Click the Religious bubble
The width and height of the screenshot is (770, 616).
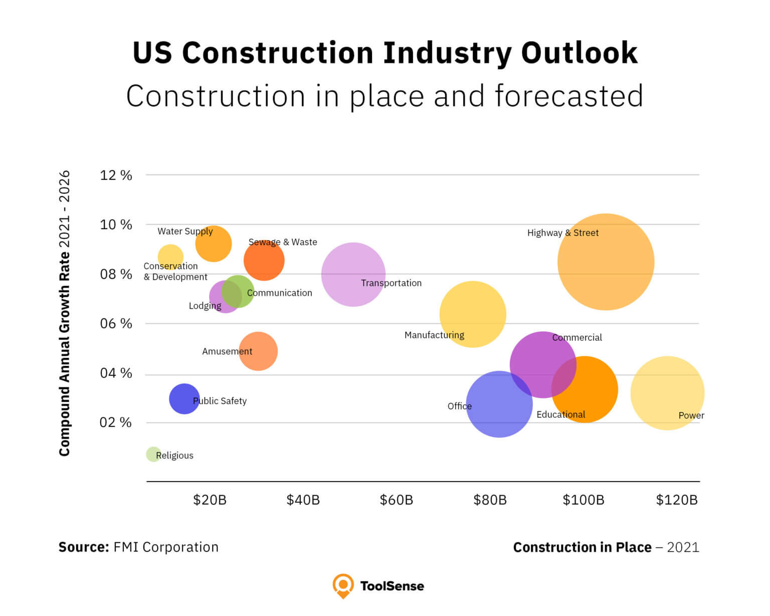(153, 454)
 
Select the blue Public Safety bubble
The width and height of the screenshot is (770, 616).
(184, 399)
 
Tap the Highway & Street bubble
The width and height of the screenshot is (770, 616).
(606, 262)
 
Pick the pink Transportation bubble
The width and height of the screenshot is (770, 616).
(353, 274)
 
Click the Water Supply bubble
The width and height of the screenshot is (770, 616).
(214, 244)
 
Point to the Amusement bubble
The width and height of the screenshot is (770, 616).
(258, 351)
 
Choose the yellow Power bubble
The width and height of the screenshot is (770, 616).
(667, 393)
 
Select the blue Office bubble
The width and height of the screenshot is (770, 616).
(499, 404)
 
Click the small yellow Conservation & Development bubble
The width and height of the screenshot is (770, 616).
(170, 257)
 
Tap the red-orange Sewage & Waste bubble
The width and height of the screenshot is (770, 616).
(264, 261)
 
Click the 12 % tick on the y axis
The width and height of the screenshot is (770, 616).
(116, 175)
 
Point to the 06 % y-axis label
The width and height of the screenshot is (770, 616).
(116, 324)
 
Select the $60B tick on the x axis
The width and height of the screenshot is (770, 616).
(396, 500)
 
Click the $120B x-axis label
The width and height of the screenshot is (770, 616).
(677, 500)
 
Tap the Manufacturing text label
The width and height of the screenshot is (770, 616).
(434, 335)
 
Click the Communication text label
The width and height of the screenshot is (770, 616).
(279, 293)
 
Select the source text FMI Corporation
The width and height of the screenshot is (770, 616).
(165, 547)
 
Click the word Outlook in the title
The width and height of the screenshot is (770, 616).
(579, 53)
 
